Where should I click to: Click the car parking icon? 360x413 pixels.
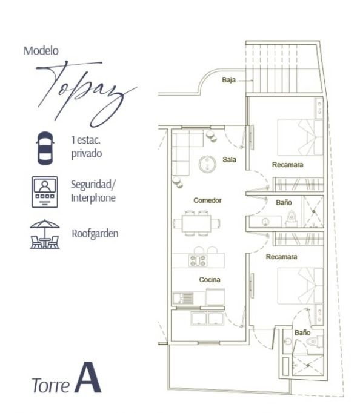45,148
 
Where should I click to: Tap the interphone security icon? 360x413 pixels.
45,192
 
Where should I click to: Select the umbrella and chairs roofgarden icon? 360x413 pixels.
45,234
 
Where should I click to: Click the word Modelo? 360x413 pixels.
41,51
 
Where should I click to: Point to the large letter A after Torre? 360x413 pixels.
88,377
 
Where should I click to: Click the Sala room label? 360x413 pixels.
229,160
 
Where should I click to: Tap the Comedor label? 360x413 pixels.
207,200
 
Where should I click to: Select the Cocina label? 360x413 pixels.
210,280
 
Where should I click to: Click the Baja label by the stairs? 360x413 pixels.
228,80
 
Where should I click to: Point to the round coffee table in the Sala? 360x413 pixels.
207,164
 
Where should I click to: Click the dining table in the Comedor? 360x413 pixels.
196,223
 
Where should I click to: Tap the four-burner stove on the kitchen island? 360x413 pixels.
198,260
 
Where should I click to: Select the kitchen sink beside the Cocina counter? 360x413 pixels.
183,298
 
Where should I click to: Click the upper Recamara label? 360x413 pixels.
287,165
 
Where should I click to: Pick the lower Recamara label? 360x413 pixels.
281,257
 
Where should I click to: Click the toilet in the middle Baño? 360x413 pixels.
292,218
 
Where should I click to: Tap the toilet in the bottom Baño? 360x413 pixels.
313,342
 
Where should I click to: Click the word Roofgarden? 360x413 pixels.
95,234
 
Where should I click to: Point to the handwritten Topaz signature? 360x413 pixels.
87,93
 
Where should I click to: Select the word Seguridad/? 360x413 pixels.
93,185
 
